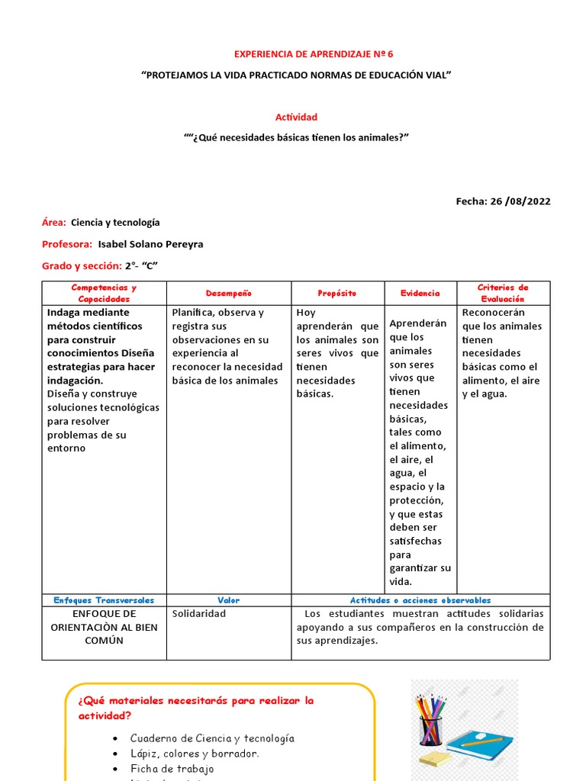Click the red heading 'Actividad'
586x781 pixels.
pyautogui.click(x=296, y=117)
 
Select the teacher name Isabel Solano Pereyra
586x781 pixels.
pyautogui.click(x=151, y=244)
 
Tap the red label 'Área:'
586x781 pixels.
pyautogui.click(x=54, y=223)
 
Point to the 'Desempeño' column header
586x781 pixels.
pyautogui.click(x=228, y=294)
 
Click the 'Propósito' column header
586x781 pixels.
pyautogui.click(x=336, y=294)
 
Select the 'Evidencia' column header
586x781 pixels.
pyautogui.click(x=420, y=294)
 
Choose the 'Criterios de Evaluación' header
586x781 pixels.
pyautogui.click(x=502, y=293)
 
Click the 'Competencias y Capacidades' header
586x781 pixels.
pyautogui.click(x=104, y=293)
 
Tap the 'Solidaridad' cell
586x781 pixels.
pyautogui.click(x=199, y=613)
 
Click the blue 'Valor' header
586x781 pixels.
pyautogui.click(x=228, y=600)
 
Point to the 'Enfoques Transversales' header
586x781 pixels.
pyautogui.click(x=104, y=600)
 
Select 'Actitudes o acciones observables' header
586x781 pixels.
pyautogui.click(x=420, y=600)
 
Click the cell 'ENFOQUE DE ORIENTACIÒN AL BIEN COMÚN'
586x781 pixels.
pyautogui.click(x=104, y=627)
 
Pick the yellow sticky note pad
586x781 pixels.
pyautogui.click(x=434, y=758)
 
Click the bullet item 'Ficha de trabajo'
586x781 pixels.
pyautogui.click(x=172, y=769)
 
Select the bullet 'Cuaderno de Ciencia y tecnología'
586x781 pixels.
pyautogui.click(x=212, y=738)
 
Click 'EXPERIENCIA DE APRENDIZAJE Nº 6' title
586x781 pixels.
pyautogui.click(x=313, y=54)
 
